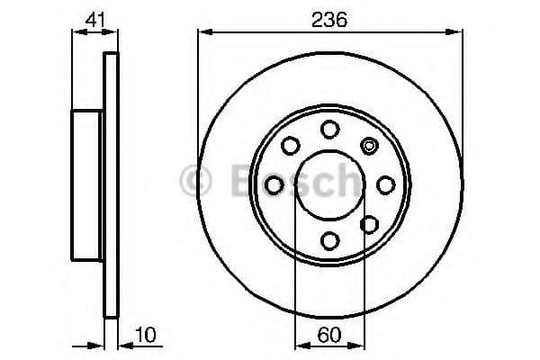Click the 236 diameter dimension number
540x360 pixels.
[329, 20]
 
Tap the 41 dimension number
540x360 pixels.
[95, 20]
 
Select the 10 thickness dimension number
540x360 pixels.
[145, 335]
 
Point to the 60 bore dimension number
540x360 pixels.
[329, 335]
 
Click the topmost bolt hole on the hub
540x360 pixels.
[330, 130]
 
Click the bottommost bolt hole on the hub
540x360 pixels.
[330, 240]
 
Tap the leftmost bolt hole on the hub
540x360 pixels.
[274, 185]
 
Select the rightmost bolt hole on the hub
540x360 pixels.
[386, 185]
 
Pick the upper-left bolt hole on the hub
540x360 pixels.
[291, 146]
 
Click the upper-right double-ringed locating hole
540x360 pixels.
[369, 146]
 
